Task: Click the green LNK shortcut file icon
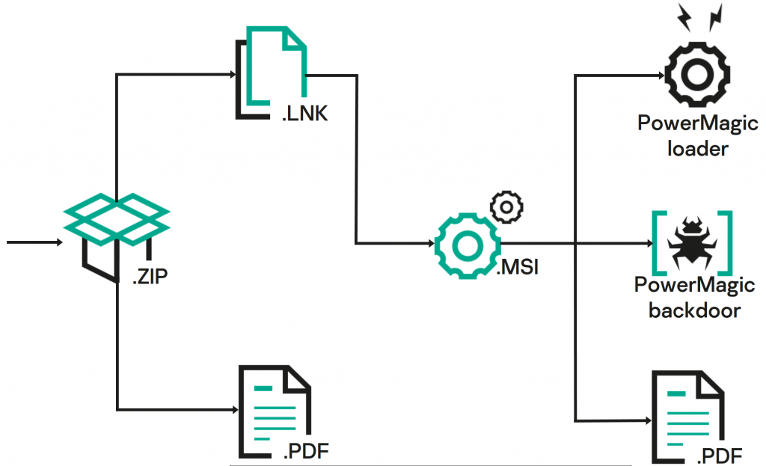point(273,71)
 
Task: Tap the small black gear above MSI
point(506,206)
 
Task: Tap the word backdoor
point(695,310)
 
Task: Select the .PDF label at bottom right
point(720,454)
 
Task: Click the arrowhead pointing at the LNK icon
point(231,75)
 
